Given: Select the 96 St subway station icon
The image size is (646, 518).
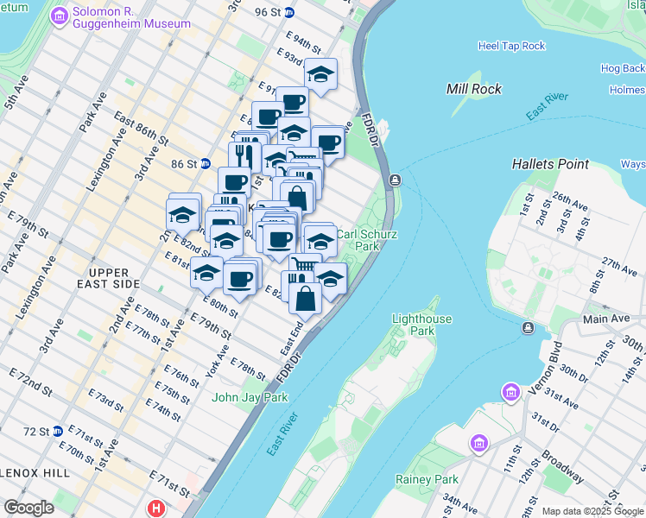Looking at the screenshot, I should (288, 12).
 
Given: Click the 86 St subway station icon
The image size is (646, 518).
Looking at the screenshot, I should (206, 163).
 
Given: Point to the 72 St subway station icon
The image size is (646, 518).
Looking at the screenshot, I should (57, 431).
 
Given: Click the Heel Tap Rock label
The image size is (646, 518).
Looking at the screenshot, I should (511, 46).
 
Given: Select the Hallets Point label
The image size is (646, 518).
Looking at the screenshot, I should (550, 164).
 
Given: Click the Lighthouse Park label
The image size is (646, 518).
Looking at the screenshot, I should (421, 325).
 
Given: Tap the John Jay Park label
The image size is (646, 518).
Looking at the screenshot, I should (250, 397).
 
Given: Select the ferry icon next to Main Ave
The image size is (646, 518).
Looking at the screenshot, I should (528, 328).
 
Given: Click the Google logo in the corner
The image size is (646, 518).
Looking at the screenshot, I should (28, 508).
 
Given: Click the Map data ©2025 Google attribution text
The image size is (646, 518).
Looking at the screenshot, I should (592, 511).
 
